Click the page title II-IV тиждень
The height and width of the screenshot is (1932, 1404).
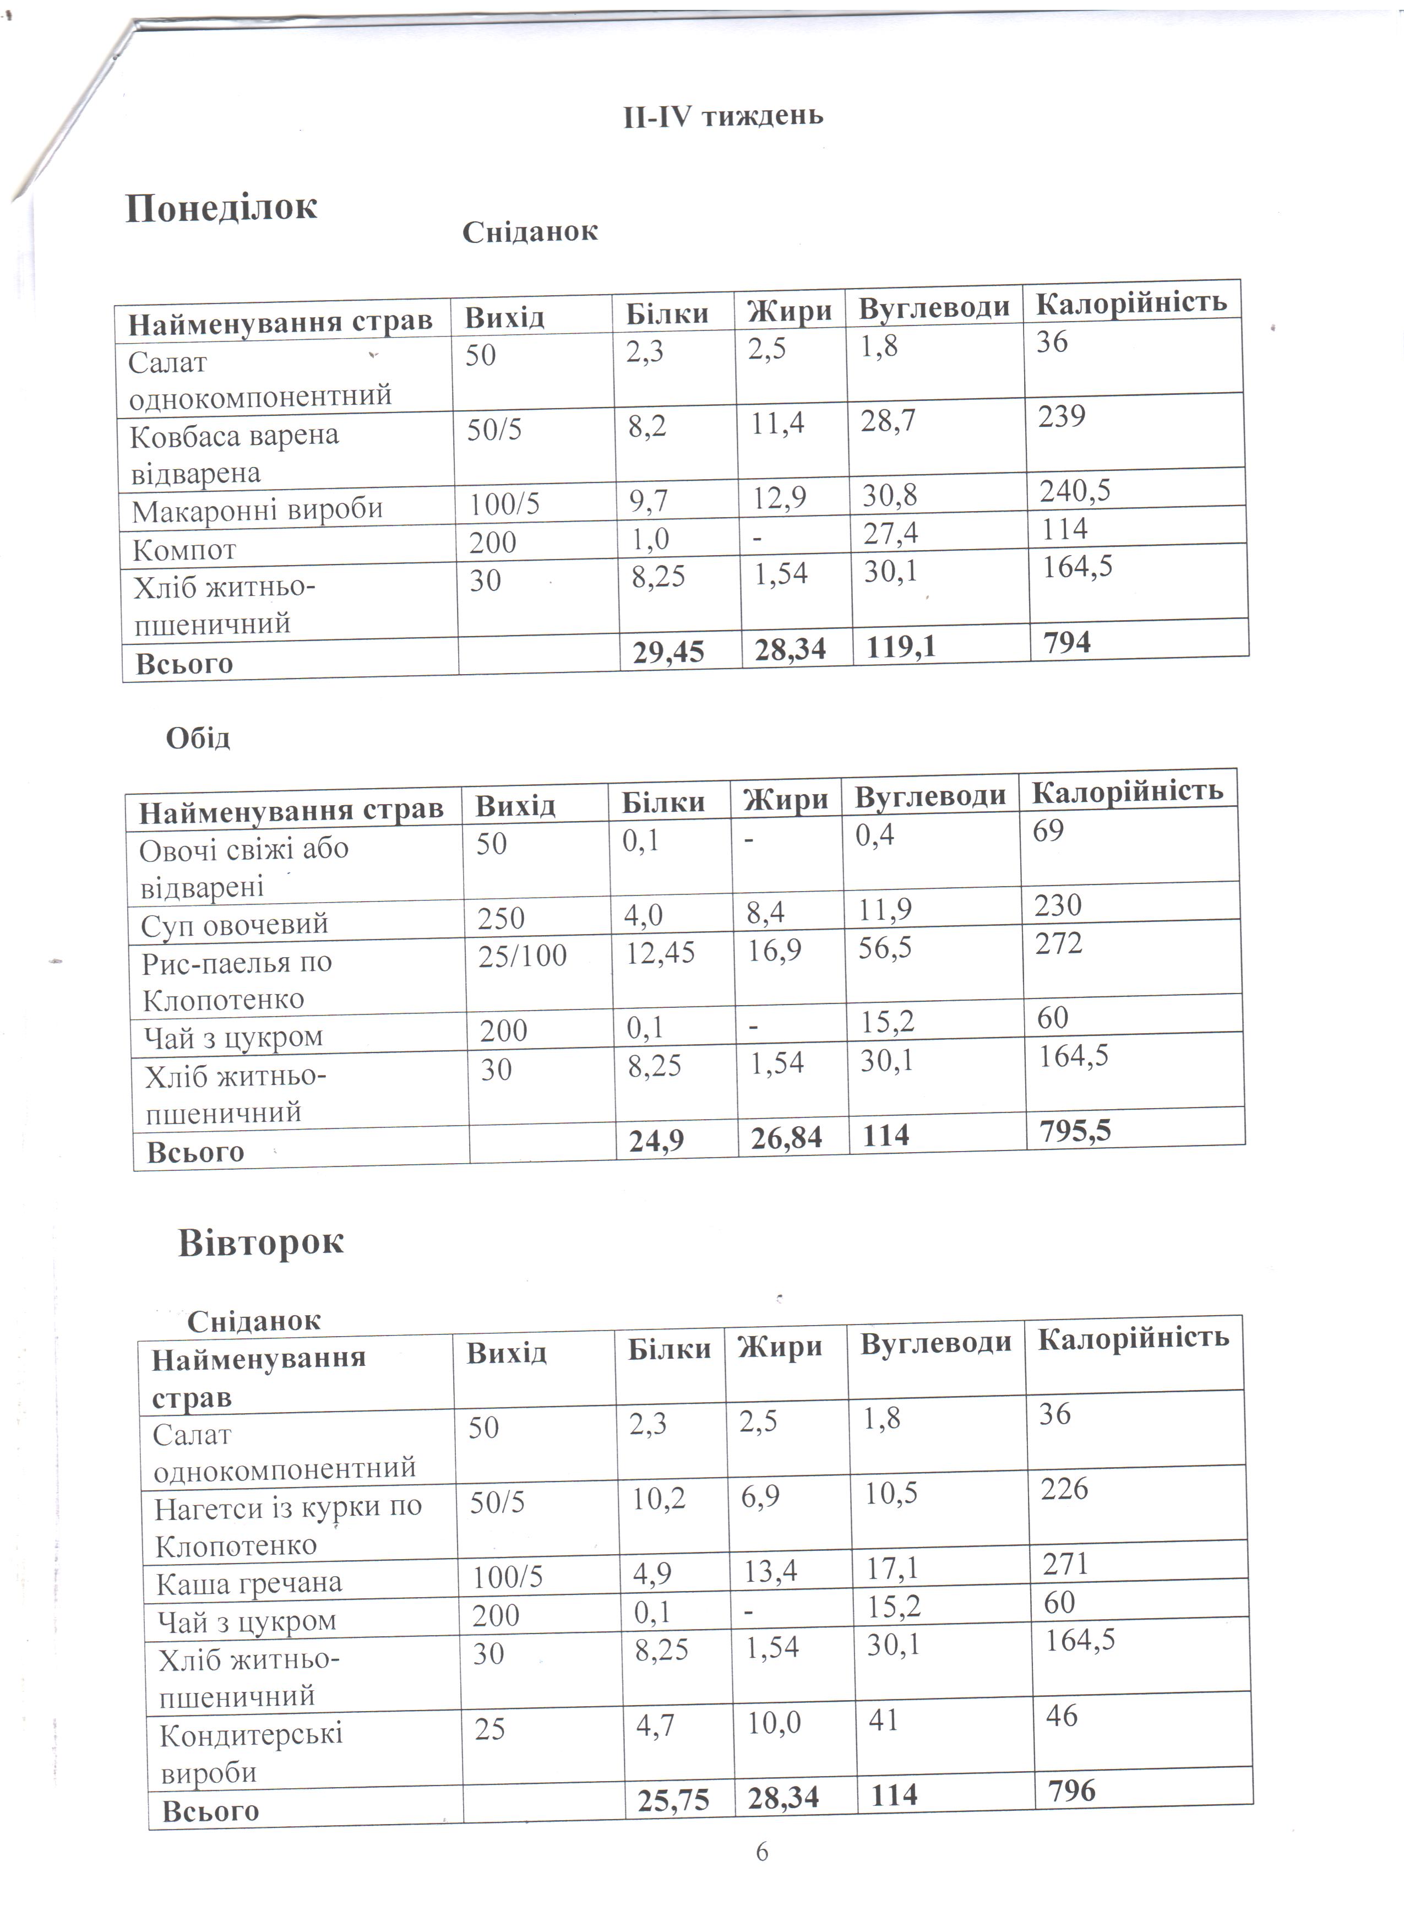pyautogui.click(x=723, y=115)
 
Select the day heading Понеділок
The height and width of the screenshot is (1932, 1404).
pyautogui.click(x=221, y=207)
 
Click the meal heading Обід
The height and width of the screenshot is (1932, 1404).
pyautogui.click(x=198, y=737)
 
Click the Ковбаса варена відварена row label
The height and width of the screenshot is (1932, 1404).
pyautogui.click(x=234, y=454)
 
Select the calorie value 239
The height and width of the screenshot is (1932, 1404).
pyautogui.click(x=1062, y=416)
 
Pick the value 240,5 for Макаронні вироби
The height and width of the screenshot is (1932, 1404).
pyautogui.click(x=1075, y=491)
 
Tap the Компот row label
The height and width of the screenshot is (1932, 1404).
pyautogui.click(x=184, y=550)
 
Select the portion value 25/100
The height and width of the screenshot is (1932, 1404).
pyautogui.click(x=522, y=956)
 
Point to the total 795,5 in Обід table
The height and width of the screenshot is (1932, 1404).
pyautogui.click(x=1075, y=1131)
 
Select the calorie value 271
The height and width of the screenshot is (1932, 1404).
pyautogui.click(x=1065, y=1563)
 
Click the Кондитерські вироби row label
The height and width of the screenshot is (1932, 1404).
pyautogui.click(x=251, y=1752)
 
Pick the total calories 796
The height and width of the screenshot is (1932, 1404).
pyautogui.click(x=1072, y=1790)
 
